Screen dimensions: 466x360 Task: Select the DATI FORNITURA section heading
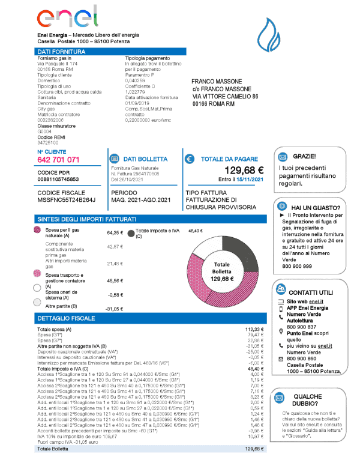coord(58,52)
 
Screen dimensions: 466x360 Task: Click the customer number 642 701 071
coord(58,160)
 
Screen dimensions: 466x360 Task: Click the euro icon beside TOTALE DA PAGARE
coord(190,159)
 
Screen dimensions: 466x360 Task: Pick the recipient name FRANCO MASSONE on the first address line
coord(217,81)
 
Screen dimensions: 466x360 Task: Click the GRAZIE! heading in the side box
coord(305,156)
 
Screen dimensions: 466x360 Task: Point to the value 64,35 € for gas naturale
coord(115,232)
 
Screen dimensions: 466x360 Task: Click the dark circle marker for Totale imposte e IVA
coord(130,231)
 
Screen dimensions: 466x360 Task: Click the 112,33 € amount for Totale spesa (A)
coord(254,330)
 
